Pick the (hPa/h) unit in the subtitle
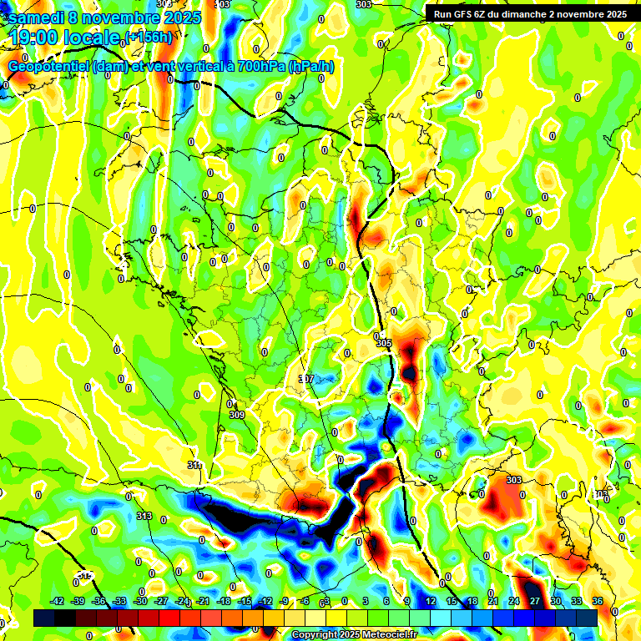[311, 67]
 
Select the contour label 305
[383, 343]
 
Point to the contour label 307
[306, 379]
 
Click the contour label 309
[236, 415]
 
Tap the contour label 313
[144, 516]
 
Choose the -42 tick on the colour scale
[58, 601]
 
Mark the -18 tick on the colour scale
[224, 601]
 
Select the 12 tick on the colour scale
[431, 601]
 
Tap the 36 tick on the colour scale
[597, 601]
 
